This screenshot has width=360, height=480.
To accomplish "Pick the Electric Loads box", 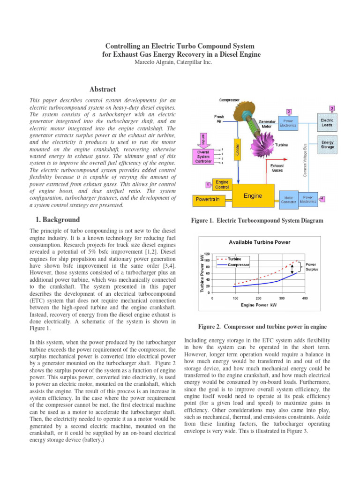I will point(327,123).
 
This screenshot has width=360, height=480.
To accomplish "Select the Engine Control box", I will point(222,184).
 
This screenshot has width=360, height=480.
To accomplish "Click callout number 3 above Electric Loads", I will point(331,108).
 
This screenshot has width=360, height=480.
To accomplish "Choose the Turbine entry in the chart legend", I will point(234,259).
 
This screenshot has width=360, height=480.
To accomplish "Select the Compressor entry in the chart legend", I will point(238,265).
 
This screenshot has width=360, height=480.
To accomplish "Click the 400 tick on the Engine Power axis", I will point(305,298).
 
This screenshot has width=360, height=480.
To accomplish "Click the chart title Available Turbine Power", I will point(259,242).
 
